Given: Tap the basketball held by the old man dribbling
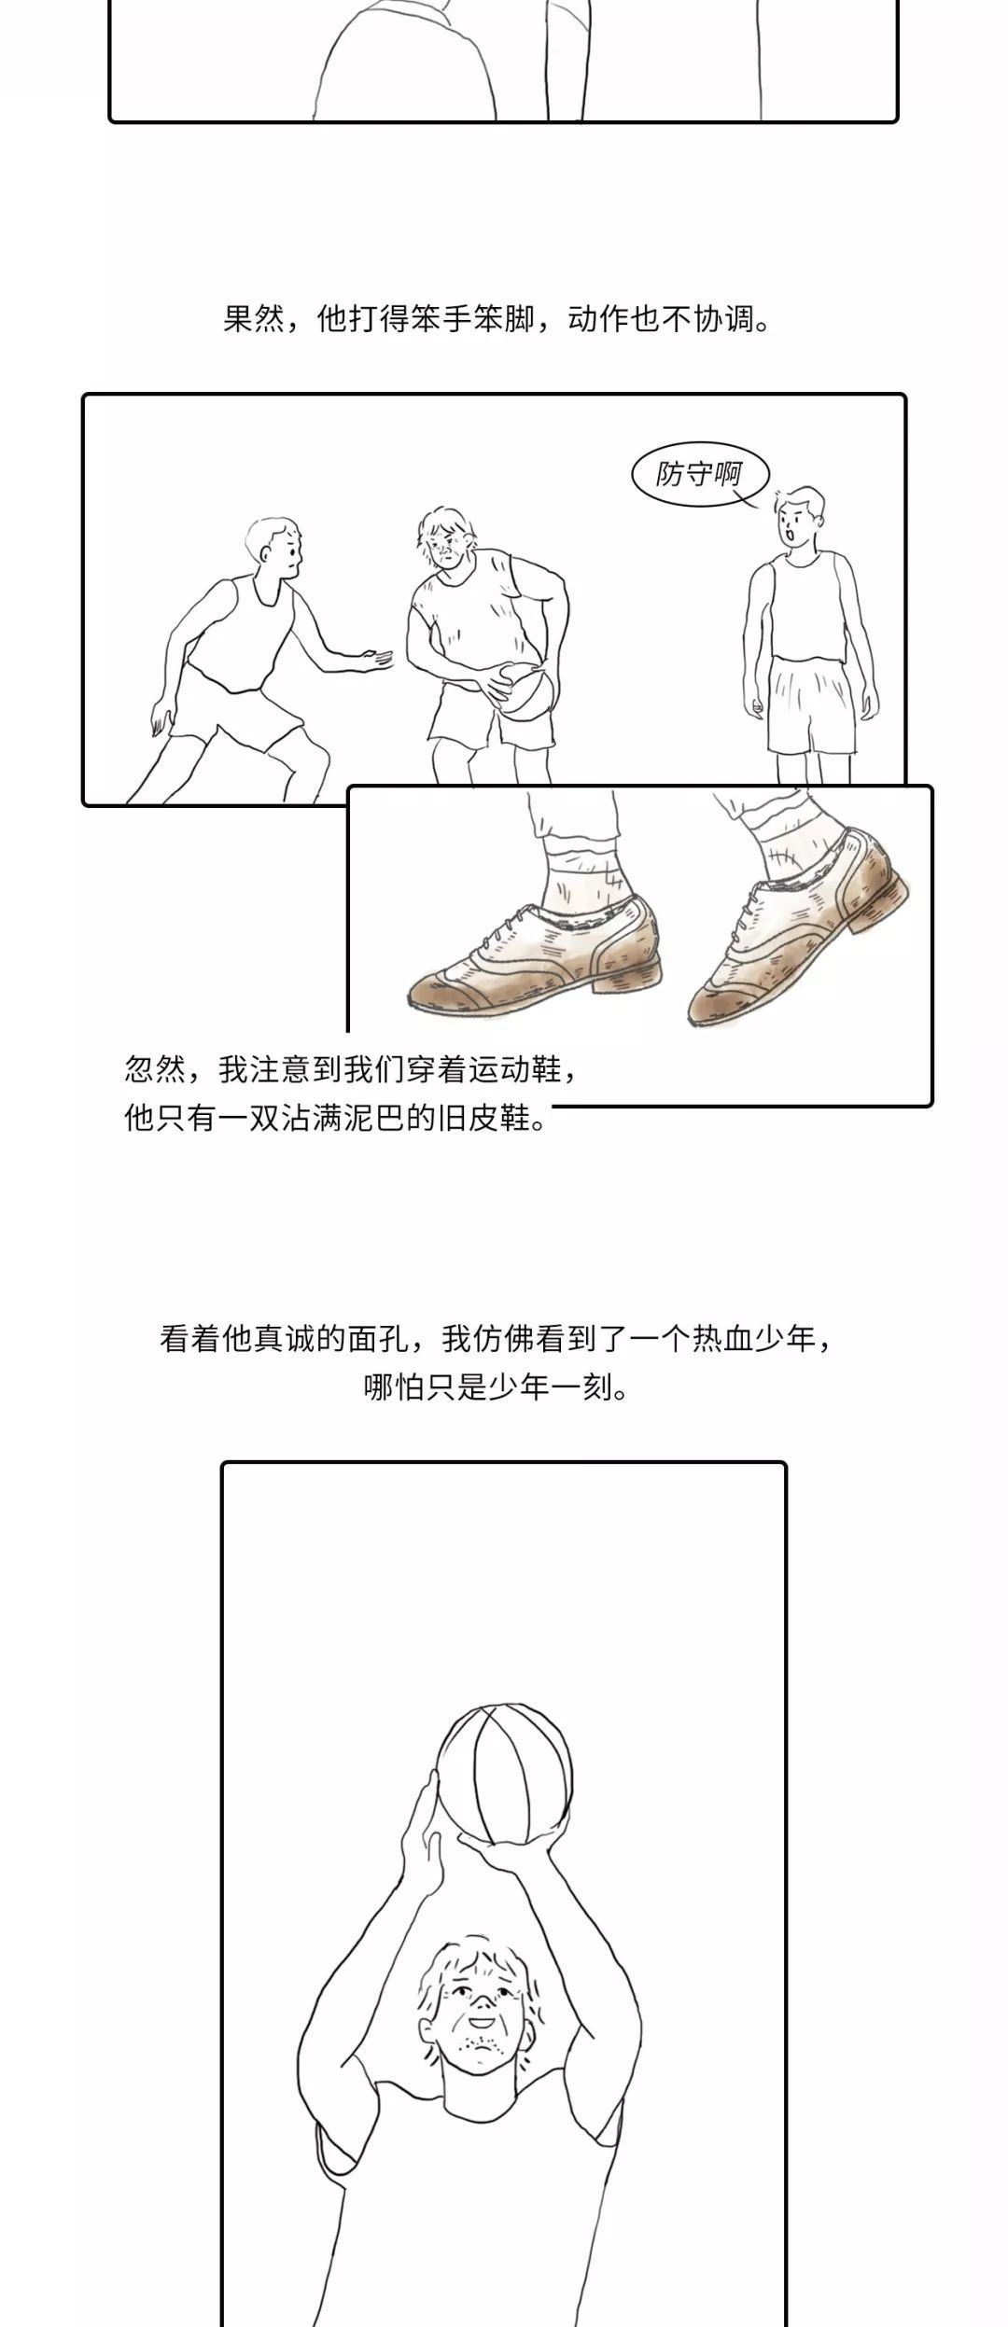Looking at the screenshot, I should click(x=524, y=691).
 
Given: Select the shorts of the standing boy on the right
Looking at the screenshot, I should click(x=810, y=704).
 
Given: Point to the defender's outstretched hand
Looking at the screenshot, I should click(x=379, y=659).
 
